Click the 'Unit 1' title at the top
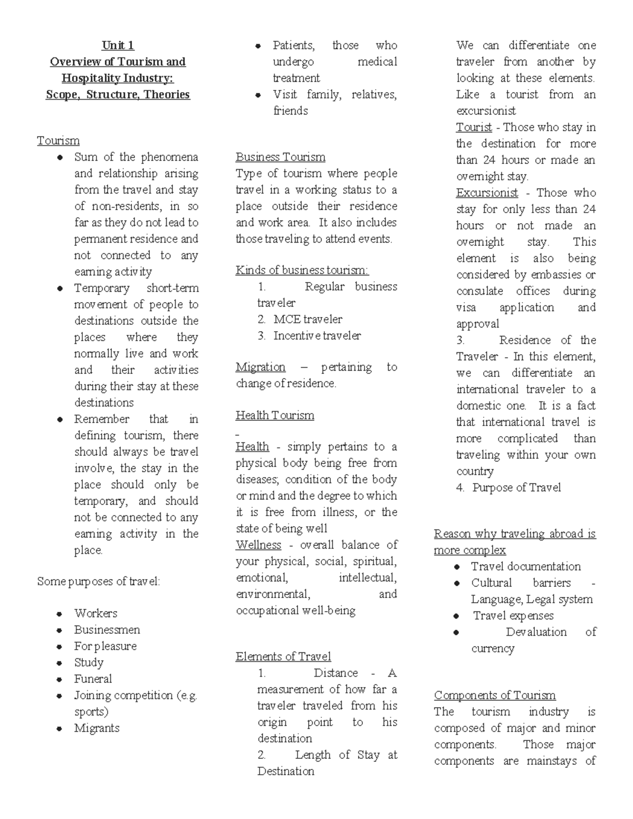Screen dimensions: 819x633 tap(118, 45)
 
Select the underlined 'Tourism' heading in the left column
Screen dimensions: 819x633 tap(58, 141)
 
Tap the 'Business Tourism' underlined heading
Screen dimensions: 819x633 tap(280, 157)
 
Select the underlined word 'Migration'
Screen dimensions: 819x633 tap(260, 367)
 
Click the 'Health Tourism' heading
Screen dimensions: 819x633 tap(275, 416)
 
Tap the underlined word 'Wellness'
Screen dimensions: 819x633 tap(258, 545)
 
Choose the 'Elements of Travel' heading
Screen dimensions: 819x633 tap(283, 657)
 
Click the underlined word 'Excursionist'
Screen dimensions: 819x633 tap(487, 193)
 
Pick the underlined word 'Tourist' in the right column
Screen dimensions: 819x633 tap(474, 128)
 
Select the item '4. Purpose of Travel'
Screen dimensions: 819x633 tap(509, 488)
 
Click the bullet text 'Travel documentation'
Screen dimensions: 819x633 tap(526, 566)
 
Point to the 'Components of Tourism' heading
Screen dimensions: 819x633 tap(495, 696)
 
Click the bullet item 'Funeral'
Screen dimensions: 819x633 tap(93, 679)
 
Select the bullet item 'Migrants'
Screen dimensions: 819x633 tap(97, 728)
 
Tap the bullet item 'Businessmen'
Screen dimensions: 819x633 tap(107, 630)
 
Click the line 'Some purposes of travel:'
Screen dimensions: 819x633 tap(98, 582)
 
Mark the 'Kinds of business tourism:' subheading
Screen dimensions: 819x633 tap(302, 271)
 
